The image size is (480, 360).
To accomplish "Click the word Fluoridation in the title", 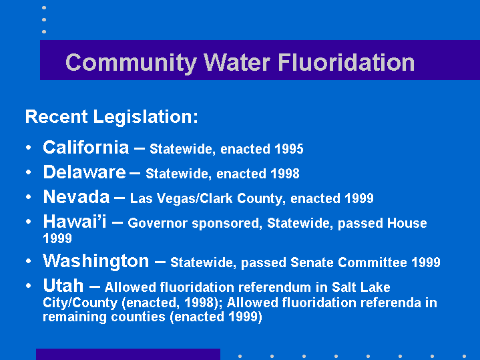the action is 346,63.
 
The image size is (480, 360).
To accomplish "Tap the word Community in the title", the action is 131,63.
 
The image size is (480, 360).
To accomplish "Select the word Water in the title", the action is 237,63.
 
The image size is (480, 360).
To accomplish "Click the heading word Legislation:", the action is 146,117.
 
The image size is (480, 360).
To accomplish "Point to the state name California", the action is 86,148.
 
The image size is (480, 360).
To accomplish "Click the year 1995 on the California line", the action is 288,149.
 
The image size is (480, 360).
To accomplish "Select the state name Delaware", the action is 84,172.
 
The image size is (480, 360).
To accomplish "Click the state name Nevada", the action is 76,197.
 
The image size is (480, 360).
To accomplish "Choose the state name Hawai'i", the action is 75,221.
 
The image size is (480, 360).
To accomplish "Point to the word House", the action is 407,223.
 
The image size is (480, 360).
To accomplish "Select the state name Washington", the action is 96,261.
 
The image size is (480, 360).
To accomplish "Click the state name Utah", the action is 63,286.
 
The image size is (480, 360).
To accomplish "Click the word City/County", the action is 80,303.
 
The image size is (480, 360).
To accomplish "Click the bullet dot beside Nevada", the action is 29,197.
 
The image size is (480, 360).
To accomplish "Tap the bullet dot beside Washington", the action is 29,261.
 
